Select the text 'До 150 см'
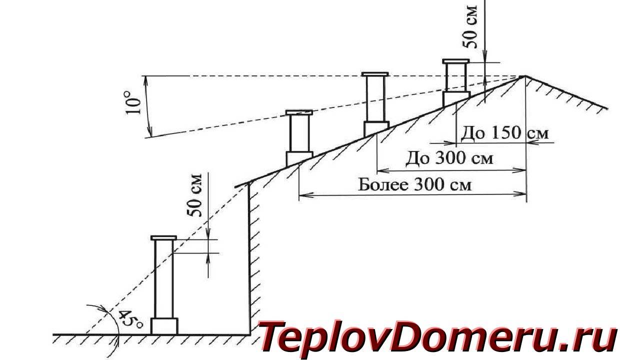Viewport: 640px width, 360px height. coord(504,133)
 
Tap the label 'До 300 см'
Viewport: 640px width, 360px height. coord(449,158)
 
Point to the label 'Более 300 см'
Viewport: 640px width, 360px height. coord(414,185)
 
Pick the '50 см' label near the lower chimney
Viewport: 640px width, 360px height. coord(196,195)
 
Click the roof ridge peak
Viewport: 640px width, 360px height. coord(524,76)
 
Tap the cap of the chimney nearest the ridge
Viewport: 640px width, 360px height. coord(455,61)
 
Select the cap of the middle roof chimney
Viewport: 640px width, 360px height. coord(375,74)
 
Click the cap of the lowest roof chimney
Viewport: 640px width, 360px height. coord(299,112)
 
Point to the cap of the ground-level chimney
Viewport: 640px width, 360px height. coord(163,237)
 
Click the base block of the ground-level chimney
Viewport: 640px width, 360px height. coord(164,326)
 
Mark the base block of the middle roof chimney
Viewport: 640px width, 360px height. coord(375,128)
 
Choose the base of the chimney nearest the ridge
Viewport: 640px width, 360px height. coord(455,98)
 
